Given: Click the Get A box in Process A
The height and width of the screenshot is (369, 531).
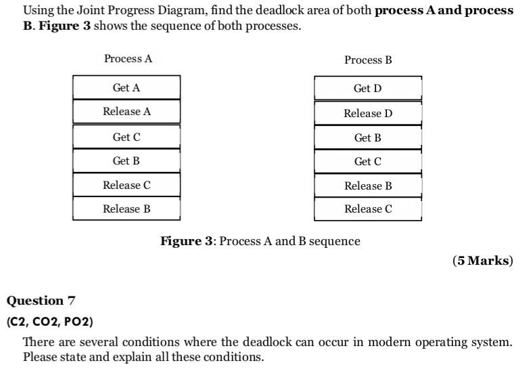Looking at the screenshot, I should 126,87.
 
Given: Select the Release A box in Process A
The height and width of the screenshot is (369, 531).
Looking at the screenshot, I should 126,112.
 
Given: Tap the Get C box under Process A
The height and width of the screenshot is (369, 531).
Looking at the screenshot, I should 126,137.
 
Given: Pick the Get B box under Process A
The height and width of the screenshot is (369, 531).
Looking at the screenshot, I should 126,161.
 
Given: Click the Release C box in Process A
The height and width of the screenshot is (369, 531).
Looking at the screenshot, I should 126,185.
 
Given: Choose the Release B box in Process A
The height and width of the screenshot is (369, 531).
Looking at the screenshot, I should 126,209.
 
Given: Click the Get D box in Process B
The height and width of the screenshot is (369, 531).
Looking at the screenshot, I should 367,89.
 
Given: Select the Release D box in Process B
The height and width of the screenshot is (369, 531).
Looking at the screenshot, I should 367,113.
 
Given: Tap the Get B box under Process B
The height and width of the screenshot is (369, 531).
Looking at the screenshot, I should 367,137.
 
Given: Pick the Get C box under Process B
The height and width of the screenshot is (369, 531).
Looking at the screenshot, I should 367,162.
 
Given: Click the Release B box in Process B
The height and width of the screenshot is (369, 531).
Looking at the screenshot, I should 367,186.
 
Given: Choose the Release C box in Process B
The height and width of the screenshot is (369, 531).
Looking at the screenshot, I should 367,209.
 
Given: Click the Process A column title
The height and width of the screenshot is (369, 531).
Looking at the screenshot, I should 128,59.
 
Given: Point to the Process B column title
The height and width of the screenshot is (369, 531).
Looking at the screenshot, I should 368,60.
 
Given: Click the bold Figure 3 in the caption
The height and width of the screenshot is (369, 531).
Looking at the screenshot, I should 187,241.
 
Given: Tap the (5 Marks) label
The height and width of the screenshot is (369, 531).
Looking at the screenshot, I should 483,261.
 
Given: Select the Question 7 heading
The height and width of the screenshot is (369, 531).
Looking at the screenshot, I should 41,301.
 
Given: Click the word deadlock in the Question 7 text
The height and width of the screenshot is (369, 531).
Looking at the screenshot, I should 268,343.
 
